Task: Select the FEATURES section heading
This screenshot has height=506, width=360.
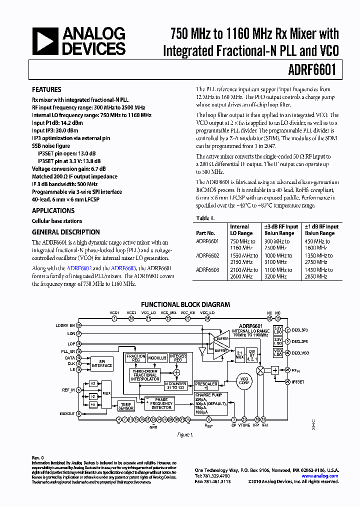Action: coord(46,90)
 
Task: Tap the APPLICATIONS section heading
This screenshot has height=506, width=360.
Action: coord(53,211)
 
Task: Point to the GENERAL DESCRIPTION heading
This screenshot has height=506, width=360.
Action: coord(65,232)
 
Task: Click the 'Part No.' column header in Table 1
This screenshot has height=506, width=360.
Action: coord(205,233)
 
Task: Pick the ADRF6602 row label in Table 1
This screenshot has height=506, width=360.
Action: coord(207,255)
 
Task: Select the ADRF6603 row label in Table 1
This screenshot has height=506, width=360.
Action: coord(207,270)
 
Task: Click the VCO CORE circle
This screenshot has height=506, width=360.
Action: coord(244,382)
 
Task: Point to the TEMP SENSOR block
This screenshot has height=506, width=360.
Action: coord(126,406)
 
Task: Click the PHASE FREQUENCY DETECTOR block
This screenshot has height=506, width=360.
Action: coord(161,403)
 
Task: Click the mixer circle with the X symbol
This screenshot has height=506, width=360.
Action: coord(260,370)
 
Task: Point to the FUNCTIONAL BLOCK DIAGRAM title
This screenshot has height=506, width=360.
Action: coord(185,304)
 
